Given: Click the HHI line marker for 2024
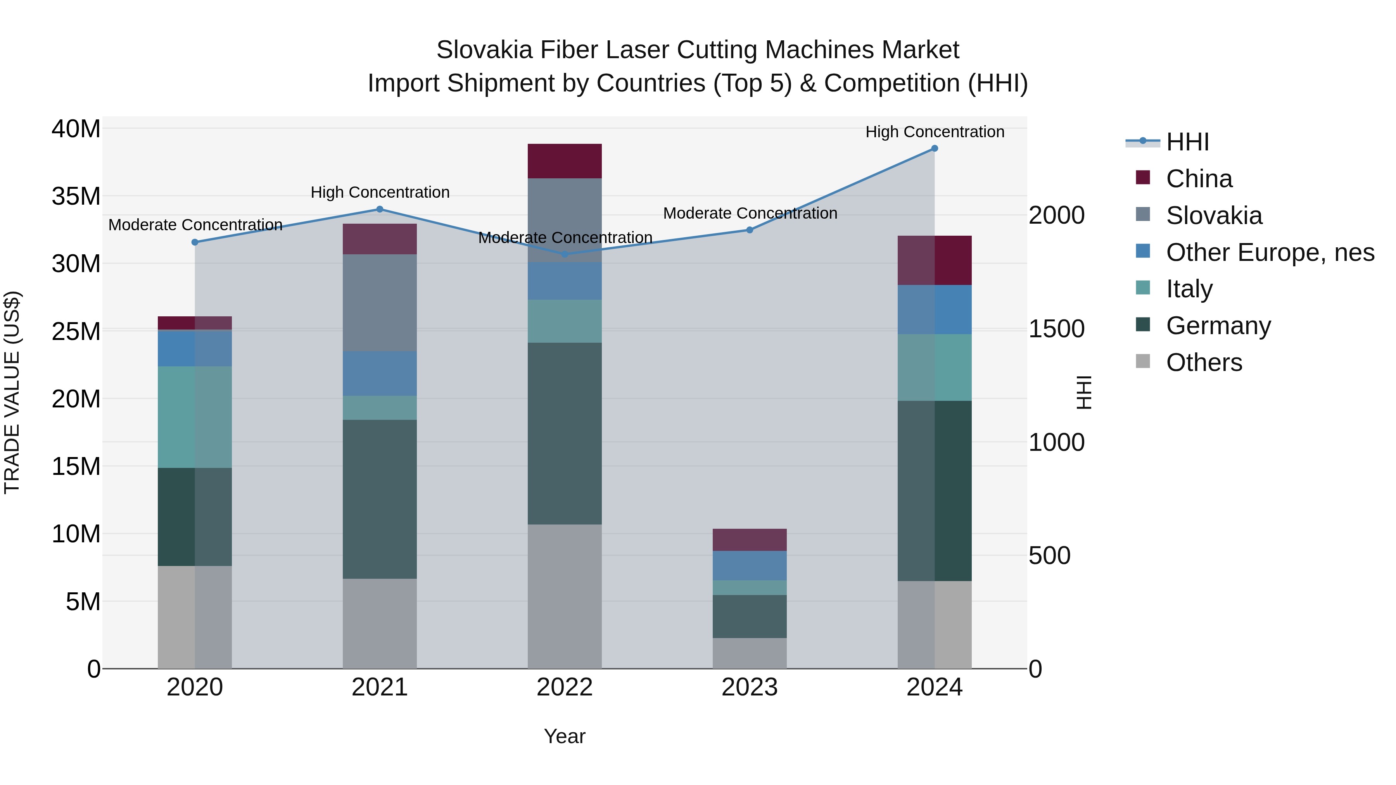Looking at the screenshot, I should [x=934, y=148].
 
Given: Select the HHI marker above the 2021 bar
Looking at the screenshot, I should [x=379, y=209].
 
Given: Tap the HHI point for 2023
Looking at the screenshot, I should [x=750, y=230].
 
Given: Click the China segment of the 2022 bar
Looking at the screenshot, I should [x=564, y=161].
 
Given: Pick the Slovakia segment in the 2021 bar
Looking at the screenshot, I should [x=379, y=302].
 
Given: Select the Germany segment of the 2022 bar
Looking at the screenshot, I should [x=564, y=433].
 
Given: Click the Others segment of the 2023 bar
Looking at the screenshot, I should [x=750, y=653].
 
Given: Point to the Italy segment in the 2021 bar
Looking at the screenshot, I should [x=379, y=407].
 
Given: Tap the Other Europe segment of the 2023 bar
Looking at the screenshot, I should [x=750, y=565].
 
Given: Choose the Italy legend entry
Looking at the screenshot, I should [x=1189, y=289].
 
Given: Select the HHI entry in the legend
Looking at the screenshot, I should [x=1187, y=142].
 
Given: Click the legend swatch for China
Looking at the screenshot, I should [x=1142, y=178].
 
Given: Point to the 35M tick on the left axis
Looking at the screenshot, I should [x=76, y=196].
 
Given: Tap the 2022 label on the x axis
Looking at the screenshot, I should [x=564, y=687].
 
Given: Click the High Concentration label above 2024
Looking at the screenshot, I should [x=934, y=132].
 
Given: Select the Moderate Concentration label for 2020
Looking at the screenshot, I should [x=195, y=225].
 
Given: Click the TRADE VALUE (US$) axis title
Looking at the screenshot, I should [x=12, y=392].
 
